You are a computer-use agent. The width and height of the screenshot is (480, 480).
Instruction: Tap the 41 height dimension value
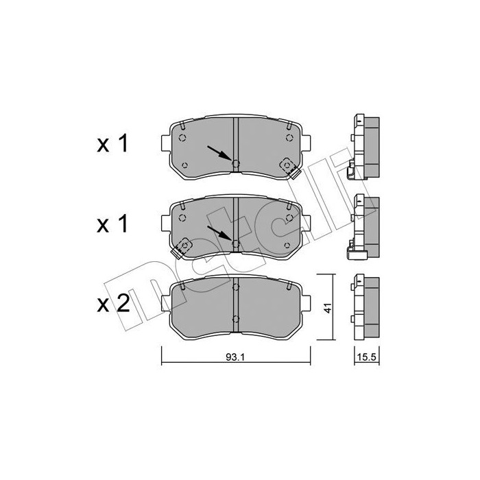pos(328,308)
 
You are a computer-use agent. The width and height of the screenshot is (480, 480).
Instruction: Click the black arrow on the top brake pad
pos(218,152)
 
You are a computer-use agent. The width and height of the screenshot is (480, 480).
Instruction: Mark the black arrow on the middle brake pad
pos(218,232)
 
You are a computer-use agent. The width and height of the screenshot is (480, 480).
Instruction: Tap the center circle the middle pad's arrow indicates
pos(235,243)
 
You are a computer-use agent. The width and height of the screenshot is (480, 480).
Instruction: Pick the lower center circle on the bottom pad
pos(235,318)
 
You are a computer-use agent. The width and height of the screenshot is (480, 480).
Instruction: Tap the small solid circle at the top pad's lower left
pos(185,164)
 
